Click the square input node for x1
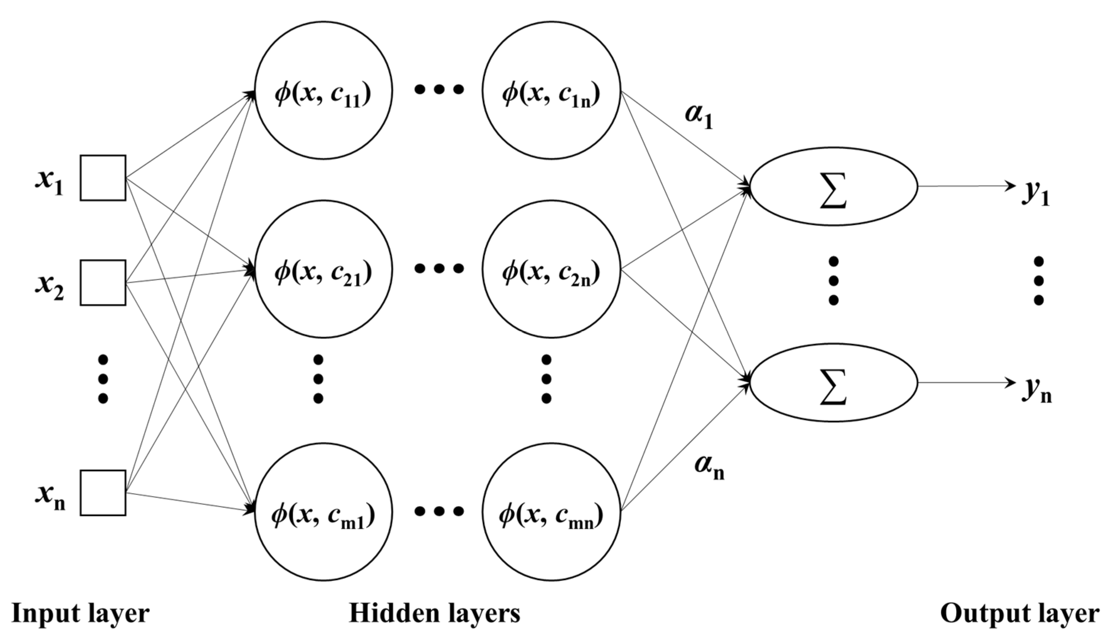[x=103, y=178]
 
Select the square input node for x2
[x=103, y=283]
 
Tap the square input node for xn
[x=103, y=493]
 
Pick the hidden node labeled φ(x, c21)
[x=324, y=269]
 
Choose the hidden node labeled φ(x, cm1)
[x=324, y=512]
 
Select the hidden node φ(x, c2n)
[x=551, y=269]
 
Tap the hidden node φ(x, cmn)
[x=551, y=512]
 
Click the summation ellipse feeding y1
[x=834, y=186]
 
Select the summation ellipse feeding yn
[x=834, y=383]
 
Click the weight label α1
[x=699, y=117]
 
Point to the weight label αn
[x=709, y=467]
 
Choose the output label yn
[x=1036, y=390]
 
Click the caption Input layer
[x=80, y=613]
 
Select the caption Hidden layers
[x=434, y=613]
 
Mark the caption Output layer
[x=1020, y=613]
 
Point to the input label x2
[x=49, y=287]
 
